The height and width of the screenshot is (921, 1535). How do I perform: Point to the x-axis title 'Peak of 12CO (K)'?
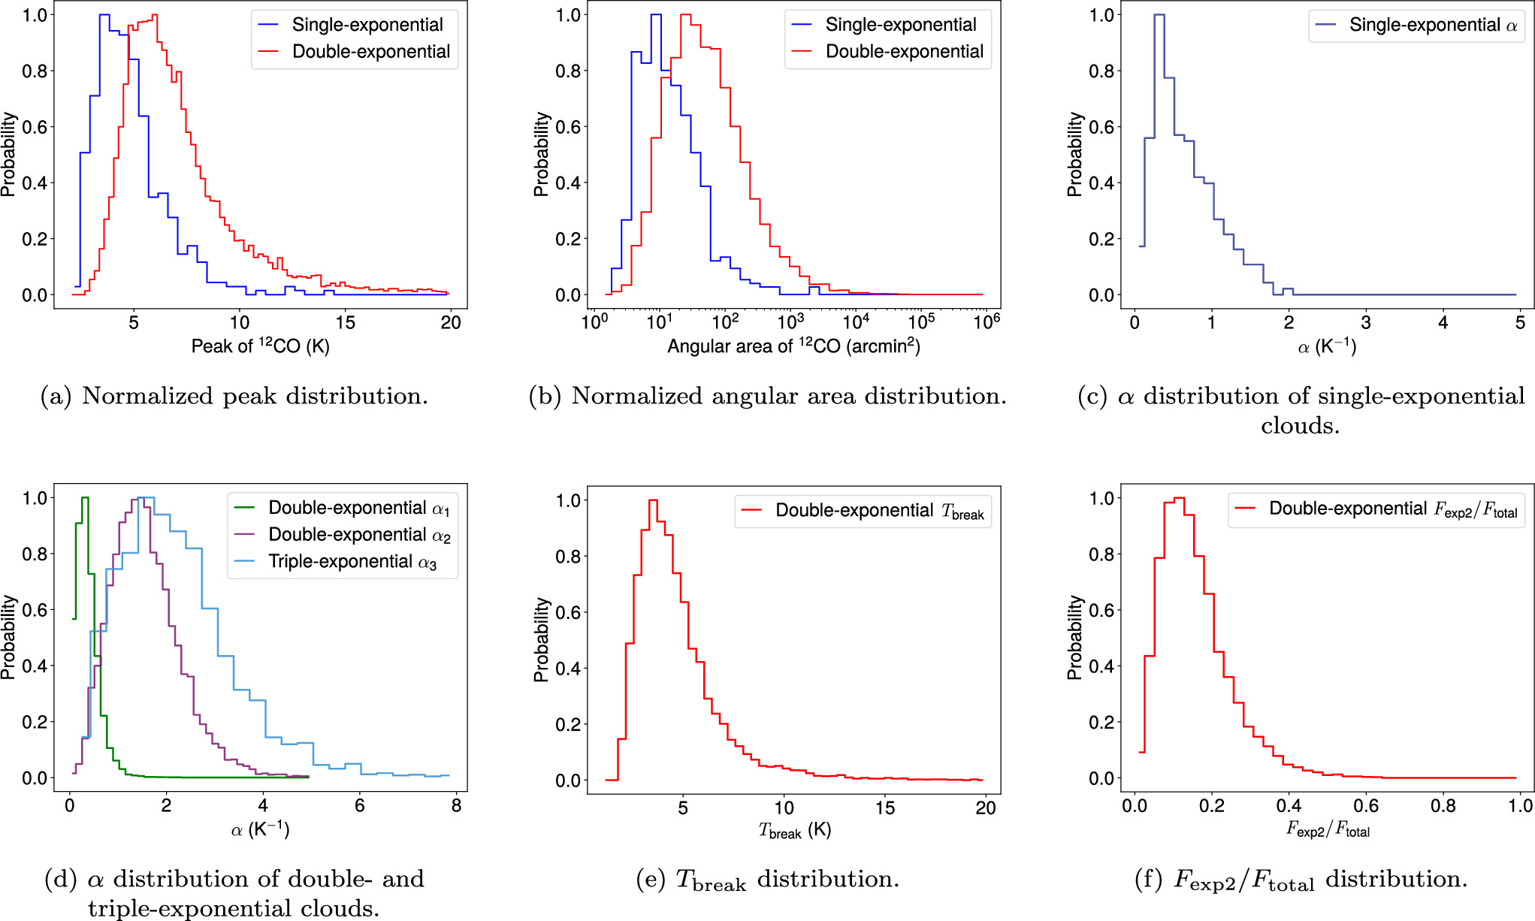[x=260, y=346]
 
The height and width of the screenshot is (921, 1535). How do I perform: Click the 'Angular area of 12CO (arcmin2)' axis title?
[x=793, y=346]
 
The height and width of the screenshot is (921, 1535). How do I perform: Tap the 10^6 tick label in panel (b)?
[x=986, y=322]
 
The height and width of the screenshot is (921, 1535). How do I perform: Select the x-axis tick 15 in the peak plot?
[x=345, y=322]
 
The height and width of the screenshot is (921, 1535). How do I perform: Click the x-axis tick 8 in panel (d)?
[x=456, y=805]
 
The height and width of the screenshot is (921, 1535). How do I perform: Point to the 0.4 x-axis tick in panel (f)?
[x=1289, y=805]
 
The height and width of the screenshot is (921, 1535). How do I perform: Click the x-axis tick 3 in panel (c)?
[x=1366, y=322]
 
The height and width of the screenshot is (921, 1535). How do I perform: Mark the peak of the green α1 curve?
[x=85, y=498]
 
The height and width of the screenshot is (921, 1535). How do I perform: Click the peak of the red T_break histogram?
[x=653, y=501]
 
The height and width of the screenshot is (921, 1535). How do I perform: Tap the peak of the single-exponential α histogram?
[x=1159, y=15]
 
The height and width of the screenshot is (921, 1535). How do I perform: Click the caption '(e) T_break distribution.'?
[x=767, y=879]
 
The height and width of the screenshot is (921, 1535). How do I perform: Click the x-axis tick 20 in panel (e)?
[x=985, y=808]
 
